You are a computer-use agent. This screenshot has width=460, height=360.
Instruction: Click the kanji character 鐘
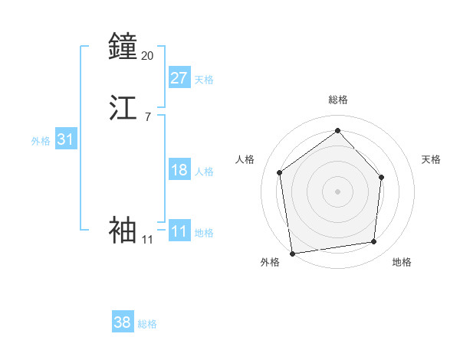[x=123, y=47]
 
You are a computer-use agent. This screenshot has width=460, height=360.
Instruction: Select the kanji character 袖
[x=123, y=230]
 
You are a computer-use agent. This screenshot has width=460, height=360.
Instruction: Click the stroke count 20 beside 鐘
[x=147, y=55]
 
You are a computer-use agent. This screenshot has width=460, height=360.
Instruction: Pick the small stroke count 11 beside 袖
[x=147, y=240]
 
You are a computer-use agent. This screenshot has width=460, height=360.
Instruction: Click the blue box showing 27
[x=179, y=78]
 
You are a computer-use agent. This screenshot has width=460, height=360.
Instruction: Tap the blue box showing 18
[x=179, y=170]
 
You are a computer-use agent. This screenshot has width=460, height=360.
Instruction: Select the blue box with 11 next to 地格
[x=179, y=231]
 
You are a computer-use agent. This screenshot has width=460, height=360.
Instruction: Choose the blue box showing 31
[x=65, y=139]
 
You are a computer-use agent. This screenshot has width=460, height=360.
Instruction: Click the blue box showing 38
[x=122, y=322]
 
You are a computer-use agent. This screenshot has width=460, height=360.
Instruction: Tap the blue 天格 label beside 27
[x=204, y=80]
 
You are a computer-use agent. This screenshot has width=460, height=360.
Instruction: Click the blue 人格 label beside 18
[x=204, y=172]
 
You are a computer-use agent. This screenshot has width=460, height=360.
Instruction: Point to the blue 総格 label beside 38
[x=147, y=324]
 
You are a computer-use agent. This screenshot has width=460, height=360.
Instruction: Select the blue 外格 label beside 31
[x=41, y=141]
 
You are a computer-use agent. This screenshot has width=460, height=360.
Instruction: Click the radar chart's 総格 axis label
[x=337, y=100]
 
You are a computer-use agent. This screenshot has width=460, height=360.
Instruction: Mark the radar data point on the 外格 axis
[x=292, y=253]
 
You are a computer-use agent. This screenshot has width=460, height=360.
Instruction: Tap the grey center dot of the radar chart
[x=337, y=191]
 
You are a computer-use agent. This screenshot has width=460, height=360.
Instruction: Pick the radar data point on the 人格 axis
[x=280, y=172]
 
